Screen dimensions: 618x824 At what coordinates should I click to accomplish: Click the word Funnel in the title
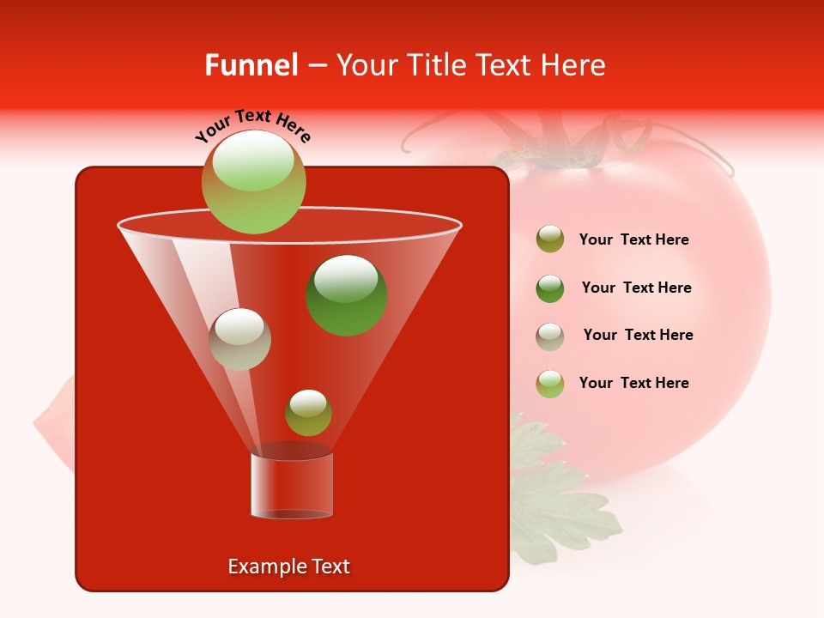(251, 65)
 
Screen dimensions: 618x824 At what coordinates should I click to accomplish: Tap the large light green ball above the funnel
(254, 182)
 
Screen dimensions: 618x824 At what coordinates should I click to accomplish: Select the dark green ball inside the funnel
(347, 295)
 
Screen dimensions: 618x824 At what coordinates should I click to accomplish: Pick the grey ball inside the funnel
(239, 339)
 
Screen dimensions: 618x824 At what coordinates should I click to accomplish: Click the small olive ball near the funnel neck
(308, 413)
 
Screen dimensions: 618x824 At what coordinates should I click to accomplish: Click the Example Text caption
(289, 566)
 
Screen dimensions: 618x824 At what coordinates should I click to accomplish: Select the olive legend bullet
(550, 239)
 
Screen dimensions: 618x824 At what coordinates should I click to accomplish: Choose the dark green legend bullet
(550, 288)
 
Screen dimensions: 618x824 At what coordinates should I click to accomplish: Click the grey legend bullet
(550, 336)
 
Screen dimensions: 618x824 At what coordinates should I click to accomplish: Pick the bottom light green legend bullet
(550, 384)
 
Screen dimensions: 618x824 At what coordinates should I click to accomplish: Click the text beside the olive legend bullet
(633, 240)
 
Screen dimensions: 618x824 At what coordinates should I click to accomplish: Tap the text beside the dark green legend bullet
(636, 288)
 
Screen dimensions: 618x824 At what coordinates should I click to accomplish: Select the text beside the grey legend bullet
(638, 336)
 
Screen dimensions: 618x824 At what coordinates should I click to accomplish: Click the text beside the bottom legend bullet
(633, 384)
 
